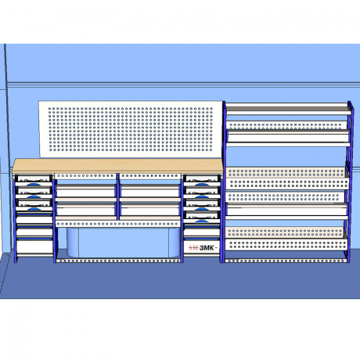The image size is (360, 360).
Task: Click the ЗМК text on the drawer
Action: (x=207, y=248)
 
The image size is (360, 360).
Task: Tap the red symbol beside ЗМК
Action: (x=193, y=248)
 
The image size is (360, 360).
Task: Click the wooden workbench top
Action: (x=117, y=166)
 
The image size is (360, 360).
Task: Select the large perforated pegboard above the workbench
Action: (x=131, y=129)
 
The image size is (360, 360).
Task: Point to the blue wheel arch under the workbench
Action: (x=124, y=243)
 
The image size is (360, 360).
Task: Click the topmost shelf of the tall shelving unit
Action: (x=288, y=109)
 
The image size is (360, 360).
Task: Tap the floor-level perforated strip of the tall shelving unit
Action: (x=286, y=261)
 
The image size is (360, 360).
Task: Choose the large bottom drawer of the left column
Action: (x=34, y=247)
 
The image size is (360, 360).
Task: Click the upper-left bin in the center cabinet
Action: (x=86, y=191)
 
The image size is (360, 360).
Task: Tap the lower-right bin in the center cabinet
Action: (x=150, y=209)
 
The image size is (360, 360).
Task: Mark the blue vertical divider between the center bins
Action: (x=118, y=196)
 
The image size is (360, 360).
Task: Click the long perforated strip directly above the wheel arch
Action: (x=118, y=224)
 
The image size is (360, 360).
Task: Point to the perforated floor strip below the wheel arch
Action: (x=119, y=261)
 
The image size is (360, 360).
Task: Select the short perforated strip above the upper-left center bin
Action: (x=85, y=176)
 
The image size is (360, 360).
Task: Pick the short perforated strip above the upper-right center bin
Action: (x=150, y=176)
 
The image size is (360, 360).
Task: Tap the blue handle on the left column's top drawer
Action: (x=34, y=184)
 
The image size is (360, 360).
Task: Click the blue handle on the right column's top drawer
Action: (x=201, y=184)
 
